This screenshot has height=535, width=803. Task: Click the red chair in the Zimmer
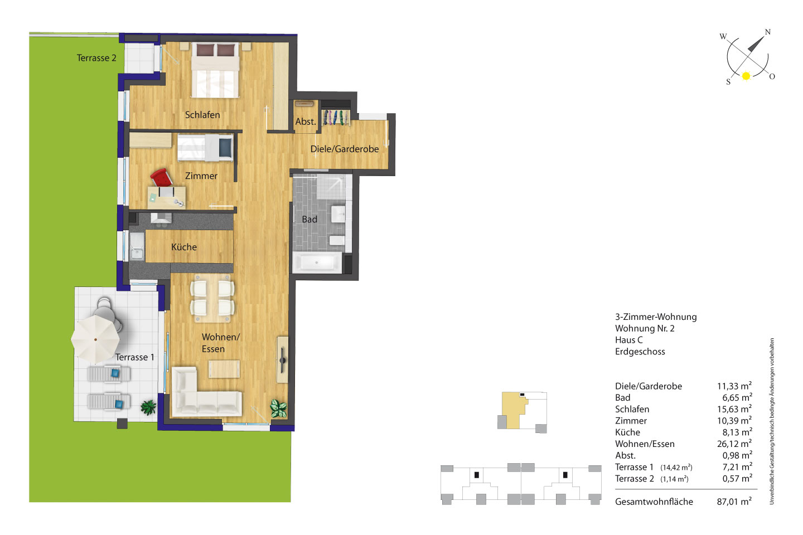coord(161,177)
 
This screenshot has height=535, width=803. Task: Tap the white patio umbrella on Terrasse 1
coord(95,339)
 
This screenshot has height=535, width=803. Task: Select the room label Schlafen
coord(202,115)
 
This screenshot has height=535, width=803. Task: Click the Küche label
coord(184,247)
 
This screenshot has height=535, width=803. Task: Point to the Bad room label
coord(309,220)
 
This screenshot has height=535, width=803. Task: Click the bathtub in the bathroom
coord(317,262)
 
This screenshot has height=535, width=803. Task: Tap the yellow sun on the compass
coord(746,76)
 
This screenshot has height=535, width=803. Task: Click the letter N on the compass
coord(767,32)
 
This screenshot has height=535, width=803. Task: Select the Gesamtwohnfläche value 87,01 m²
coord(734,502)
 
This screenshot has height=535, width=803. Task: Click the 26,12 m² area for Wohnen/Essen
coord(734,444)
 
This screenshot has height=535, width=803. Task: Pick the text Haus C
coord(629,340)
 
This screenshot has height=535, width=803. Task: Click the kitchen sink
coord(137,246)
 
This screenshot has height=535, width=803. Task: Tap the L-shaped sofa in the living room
coord(206,393)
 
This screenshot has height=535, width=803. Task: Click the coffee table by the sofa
coord(224,369)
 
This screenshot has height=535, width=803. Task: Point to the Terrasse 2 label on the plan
coord(96,58)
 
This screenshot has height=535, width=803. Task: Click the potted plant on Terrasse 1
coord(148,407)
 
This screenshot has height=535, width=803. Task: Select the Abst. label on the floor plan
coord(306,122)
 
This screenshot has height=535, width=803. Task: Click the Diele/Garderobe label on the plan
coord(345,149)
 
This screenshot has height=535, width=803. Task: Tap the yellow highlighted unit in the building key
coord(515,408)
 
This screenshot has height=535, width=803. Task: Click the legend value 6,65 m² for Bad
coord(737,397)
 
